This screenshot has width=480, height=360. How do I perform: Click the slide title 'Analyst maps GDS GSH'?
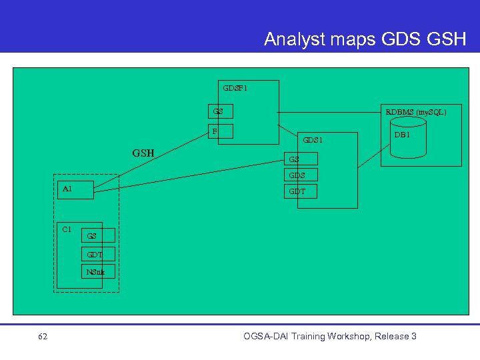point(365,39)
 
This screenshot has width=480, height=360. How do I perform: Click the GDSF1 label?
point(235,87)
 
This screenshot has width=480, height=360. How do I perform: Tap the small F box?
point(221,131)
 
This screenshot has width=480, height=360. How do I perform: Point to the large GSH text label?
point(143,153)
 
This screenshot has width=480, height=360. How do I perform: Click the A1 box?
point(74,189)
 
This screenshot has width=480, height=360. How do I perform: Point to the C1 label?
point(67,229)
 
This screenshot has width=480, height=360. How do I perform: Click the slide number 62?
point(43,337)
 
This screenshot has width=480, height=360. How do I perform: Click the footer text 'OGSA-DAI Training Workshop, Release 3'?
point(330,336)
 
